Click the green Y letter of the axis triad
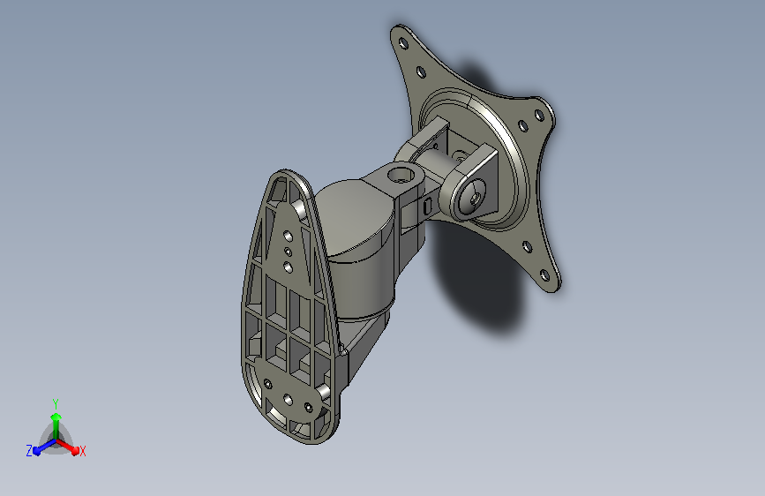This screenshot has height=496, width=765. (56, 402)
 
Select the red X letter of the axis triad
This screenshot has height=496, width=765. (83, 451)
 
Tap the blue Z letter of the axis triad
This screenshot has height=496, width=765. (29, 451)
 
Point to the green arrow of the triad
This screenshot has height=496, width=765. (56, 419)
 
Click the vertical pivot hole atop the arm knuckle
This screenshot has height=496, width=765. (401, 174)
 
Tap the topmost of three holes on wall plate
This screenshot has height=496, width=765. (289, 236)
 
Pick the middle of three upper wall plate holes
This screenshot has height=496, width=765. (289, 252)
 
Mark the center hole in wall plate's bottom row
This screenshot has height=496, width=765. (288, 396)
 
